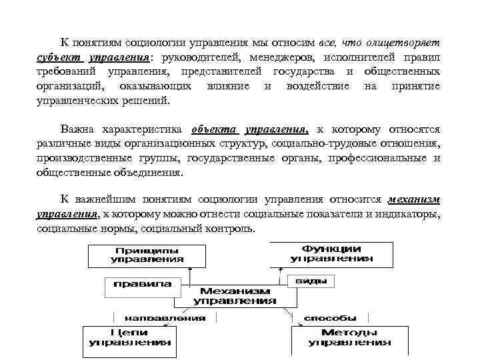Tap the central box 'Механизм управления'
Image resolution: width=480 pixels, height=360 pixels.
[x=235, y=296]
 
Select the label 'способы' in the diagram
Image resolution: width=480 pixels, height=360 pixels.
[x=329, y=317]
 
